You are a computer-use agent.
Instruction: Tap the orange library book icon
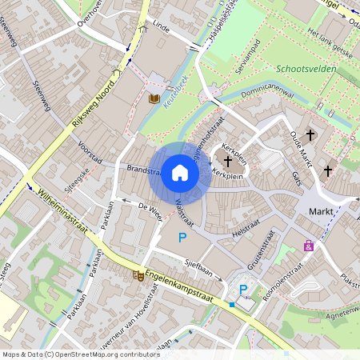(x=155, y=98)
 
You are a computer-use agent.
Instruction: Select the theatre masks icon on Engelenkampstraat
(x=138, y=274)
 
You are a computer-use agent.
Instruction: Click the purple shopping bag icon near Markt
(x=308, y=246)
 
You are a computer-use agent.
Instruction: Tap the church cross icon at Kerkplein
(x=228, y=161)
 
